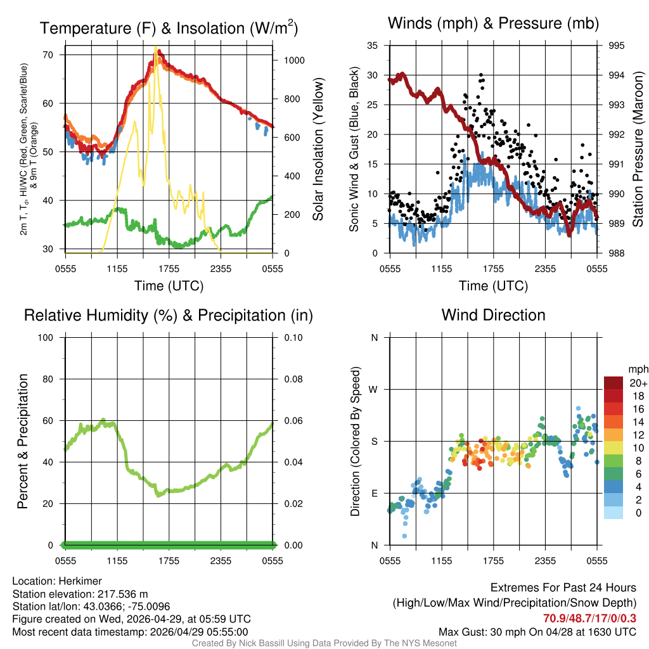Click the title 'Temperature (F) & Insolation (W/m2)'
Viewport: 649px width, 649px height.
pyautogui.click(x=169, y=28)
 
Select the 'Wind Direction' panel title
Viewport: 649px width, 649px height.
pyautogui.click(x=493, y=315)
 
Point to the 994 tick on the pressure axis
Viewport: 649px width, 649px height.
pyautogui.click(x=615, y=75)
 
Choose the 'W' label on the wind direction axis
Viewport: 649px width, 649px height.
pyautogui.click(x=374, y=389)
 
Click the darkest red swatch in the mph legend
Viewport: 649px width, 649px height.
pyautogui.click(x=614, y=383)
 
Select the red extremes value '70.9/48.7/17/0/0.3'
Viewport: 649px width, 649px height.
pyautogui.click(x=589, y=619)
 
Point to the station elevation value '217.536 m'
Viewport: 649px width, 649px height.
pyautogui.click(x=122, y=594)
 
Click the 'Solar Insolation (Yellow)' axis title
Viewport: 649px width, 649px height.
pyautogui.click(x=318, y=149)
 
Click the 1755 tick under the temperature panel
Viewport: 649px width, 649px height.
pyautogui.click(x=169, y=268)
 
